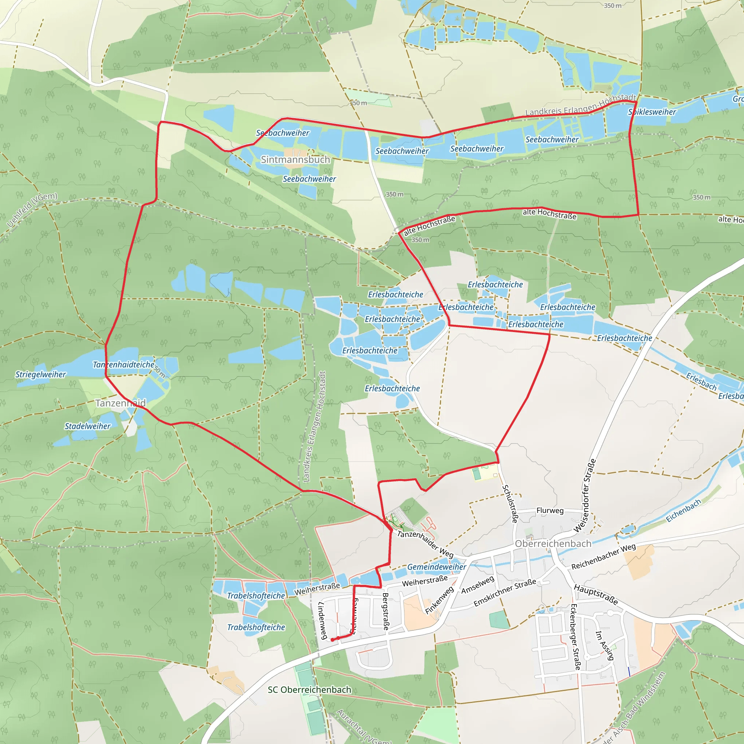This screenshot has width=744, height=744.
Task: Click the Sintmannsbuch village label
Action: tap(295, 159)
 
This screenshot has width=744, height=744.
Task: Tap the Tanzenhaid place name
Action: tap(121, 403)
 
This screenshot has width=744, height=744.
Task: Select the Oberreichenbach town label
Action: tap(553, 544)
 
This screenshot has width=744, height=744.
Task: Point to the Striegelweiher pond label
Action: tap(40, 374)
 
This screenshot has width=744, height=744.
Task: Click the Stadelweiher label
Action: tap(88, 426)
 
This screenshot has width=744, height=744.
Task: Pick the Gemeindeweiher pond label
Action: tap(436, 567)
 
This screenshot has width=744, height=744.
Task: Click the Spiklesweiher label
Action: tap(652, 112)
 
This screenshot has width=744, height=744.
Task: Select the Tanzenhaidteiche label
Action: tap(124, 364)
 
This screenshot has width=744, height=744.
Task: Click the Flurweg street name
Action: tap(550, 511)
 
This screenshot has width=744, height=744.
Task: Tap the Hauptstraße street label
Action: tap(596, 594)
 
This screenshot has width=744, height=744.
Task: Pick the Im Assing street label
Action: tap(604, 646)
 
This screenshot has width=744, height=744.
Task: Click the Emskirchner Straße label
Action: tap(505, 593)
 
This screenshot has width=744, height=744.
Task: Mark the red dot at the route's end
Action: tap(332, 640)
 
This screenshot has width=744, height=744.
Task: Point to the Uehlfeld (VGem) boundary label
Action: tap(32, 210)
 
